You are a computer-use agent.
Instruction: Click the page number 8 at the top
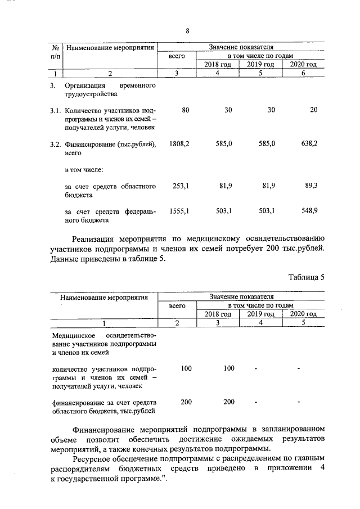pyautogui.click(x=187, y=30)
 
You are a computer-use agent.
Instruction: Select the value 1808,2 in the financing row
pyautogui.click(x=179, y=145)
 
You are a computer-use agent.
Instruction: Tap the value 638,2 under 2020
pyautogui.click(x=308, y=145)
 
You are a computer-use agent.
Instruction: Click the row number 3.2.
pyautogui.click(x=55, y=145)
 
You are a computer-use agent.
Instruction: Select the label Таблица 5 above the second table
pyautogui.click(x=307, y=277)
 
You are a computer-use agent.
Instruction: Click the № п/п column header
pyautogui.click(x=55, y=52)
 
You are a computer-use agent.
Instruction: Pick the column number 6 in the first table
pyautogui.click(x=303, y=73)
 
